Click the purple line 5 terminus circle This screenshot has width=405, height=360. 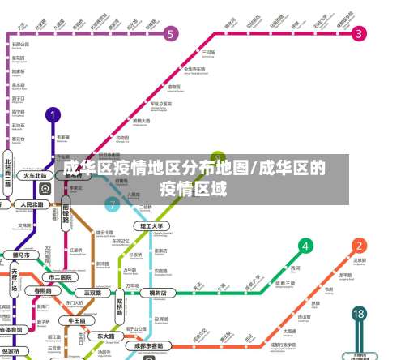171,33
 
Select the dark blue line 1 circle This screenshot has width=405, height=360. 53,115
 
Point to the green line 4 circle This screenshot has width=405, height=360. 305,246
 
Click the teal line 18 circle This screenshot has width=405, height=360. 360,314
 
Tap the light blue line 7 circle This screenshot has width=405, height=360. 112,205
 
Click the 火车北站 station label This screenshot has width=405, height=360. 34,175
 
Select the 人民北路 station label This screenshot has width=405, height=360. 36,204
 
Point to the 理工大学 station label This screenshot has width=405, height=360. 151,225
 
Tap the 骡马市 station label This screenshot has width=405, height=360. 24,255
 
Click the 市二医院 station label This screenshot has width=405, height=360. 62,276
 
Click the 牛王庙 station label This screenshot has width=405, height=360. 78,320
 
